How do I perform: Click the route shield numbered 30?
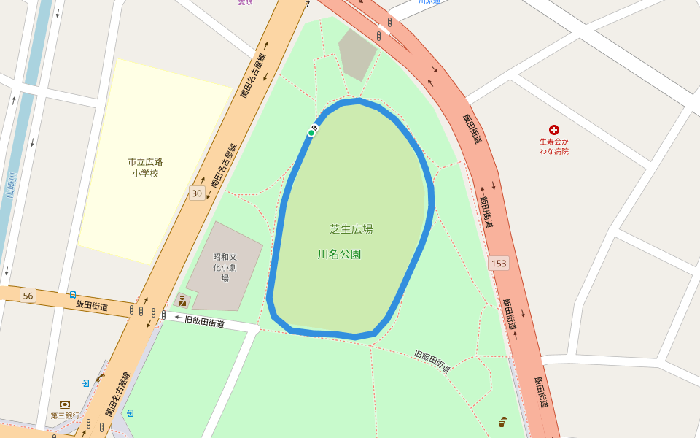coord(197,193)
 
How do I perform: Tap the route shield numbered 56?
coord(28,296)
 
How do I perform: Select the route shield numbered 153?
coord(499,263)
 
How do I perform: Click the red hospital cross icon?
coord(554,129)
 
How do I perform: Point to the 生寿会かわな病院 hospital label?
coord(554,146)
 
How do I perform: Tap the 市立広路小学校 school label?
coord(144,167)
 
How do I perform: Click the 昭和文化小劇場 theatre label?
coord(225,267)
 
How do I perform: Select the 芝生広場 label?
coord(351,229)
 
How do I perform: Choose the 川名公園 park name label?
coord(340,255)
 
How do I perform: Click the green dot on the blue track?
coord(311,133)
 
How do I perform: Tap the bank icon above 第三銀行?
coord(65,404)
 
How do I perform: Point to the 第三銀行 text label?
coord(65,415)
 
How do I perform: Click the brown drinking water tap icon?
coord(502,422)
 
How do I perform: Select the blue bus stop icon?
coord(73,295)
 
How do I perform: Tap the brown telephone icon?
coord(100,377)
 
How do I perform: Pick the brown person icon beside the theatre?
coord(182,300)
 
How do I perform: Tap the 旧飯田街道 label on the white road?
coord(204,320)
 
